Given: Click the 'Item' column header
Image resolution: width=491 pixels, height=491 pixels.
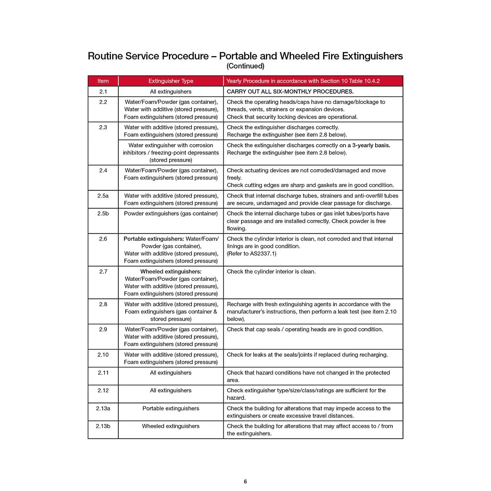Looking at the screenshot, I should click(103, 81).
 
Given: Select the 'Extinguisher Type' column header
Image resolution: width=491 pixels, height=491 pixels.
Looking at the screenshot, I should click(171, 81).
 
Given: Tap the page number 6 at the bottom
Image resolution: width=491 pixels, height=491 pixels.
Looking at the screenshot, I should click(245, 482).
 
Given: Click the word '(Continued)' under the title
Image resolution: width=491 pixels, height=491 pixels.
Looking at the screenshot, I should click(245, 66).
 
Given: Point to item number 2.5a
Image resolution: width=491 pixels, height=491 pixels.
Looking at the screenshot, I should click(103, 196).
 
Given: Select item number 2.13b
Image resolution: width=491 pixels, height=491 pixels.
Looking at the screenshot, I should click(103, 426).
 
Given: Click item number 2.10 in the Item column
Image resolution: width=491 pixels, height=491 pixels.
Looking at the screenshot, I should click(103, 355).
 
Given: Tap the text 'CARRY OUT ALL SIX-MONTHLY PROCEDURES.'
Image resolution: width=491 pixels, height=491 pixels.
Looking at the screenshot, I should click(290, 92).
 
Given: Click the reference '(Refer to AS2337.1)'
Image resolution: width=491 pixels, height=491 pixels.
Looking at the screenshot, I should click(252, 254).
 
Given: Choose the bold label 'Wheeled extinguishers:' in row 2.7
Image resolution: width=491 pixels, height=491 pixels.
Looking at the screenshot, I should click(171, 272).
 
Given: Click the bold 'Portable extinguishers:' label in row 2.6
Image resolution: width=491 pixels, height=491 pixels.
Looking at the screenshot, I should click(154, 239).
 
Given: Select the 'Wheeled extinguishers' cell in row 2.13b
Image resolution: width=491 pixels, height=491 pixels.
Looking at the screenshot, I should click(171, 426).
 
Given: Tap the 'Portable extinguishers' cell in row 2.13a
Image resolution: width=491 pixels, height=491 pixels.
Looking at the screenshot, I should click(171, 408).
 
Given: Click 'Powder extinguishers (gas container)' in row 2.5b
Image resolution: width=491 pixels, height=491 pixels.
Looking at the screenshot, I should click(171, 214).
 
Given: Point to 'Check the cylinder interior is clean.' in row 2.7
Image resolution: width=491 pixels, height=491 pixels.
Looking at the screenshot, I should click(271, 272).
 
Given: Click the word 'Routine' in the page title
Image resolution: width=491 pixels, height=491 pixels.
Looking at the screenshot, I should click(105, 56).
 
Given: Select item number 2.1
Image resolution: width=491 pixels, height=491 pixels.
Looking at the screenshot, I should click(103, 92).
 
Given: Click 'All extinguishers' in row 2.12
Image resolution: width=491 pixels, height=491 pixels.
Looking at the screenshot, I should click(171, 390).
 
